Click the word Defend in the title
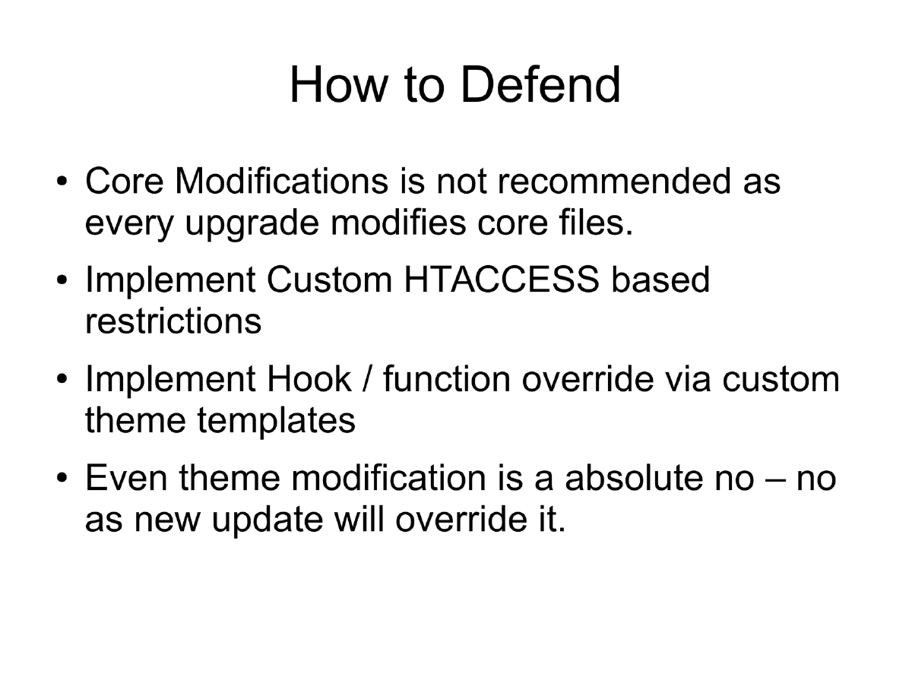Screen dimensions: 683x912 [540, 84]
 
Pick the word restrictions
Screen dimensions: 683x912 [173, 321]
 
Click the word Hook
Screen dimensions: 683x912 [309, 379]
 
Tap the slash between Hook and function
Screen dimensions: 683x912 [368, 379]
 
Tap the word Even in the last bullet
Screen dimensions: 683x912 [126, 478]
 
